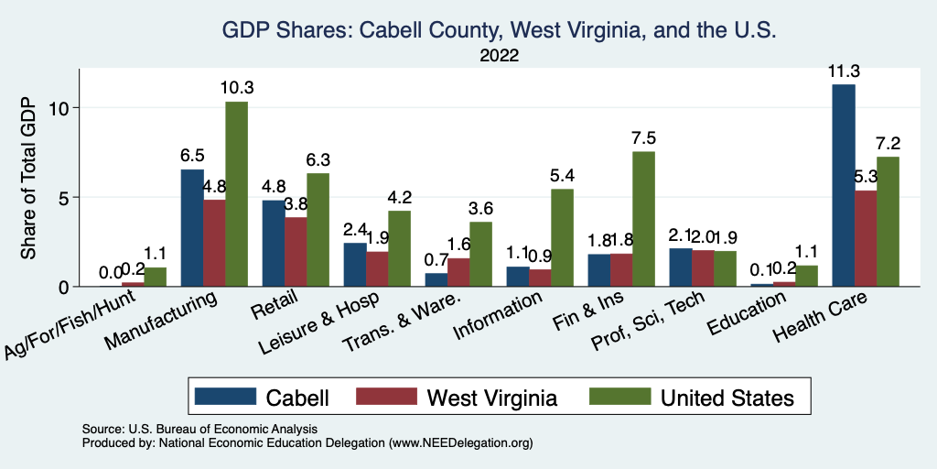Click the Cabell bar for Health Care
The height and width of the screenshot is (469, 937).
tap(844, 185)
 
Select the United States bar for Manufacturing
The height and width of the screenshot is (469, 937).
tap(236, 194)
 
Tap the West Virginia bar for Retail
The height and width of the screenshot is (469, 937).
tap(296, 252)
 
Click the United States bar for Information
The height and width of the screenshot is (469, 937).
tap(562, 238)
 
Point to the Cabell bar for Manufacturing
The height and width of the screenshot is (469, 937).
tap(192, 228)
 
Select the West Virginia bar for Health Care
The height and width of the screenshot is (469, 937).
tap(866, 238)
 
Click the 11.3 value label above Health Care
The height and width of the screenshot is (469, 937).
tap(844, 71)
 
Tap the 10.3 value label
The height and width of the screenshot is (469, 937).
tap(236, 88)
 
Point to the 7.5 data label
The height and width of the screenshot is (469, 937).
tap(643, 138)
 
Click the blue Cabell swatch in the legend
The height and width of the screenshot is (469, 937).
tap(225, 397)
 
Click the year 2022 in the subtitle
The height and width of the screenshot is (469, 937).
tap(500, 55)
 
